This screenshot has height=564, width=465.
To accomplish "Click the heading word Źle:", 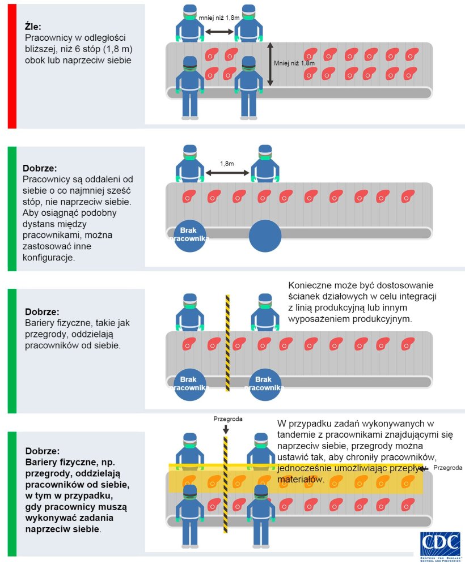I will coord(33,26).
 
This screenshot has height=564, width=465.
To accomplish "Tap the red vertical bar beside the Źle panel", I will coord(12,66).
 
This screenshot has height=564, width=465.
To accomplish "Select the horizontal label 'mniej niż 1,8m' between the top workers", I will coord(219,18).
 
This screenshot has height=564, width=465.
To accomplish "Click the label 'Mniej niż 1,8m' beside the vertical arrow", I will coord(294,63).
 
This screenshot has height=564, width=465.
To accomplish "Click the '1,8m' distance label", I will coord(227,164).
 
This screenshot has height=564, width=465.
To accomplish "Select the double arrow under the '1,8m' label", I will coord(227,173).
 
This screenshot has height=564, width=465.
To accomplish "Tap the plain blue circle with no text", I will coord(265,236).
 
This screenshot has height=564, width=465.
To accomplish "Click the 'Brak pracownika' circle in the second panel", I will coord(189,235).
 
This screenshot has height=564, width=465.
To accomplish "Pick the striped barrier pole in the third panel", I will coord(227,343).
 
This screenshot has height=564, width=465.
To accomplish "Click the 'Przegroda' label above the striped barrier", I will coord(228,419).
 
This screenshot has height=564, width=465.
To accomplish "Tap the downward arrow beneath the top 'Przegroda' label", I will coord(226,429).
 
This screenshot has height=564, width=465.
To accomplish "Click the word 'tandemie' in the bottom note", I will coord(299,434).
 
